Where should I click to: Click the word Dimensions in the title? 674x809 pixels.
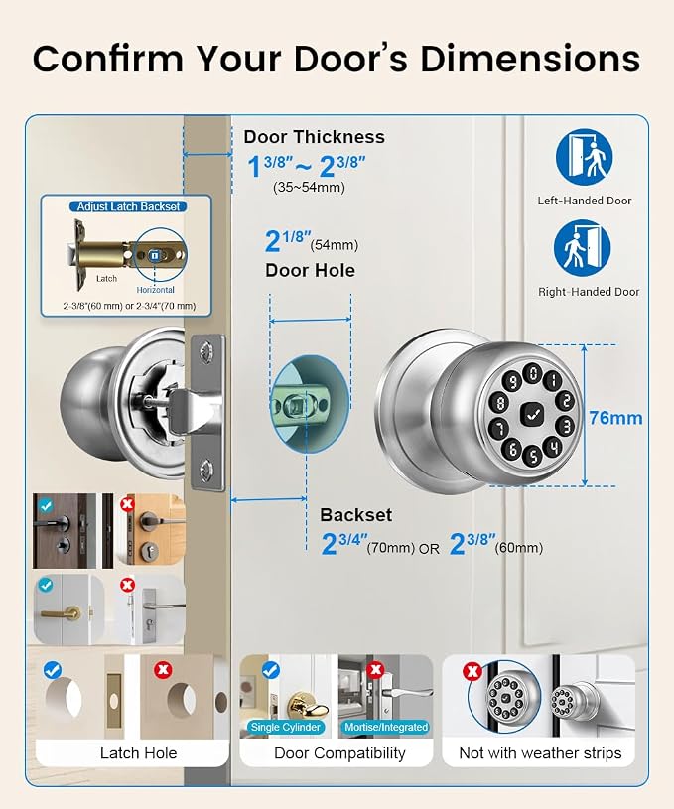tap(530, 59)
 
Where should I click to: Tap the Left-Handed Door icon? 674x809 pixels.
tap(584, 157)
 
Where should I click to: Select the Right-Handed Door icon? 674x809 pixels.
tap(582, 248)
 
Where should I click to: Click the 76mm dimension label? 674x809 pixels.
tap(615, 417)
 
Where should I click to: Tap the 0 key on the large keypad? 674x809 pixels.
tap(533, 373)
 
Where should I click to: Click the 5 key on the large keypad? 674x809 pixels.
tap(532, 456)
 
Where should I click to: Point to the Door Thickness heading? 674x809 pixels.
tap(314, 137)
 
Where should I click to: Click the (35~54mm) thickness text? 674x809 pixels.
tap(309, 187)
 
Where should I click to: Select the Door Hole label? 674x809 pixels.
tap(310, 270)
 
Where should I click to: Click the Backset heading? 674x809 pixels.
tap(355, 515)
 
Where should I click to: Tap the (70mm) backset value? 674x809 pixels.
tap(391, 547)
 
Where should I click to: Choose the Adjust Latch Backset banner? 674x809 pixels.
tap(128, 206)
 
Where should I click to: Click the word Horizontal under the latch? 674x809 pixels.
tap(155, 290)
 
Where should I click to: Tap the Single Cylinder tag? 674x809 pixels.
tap(286, 727)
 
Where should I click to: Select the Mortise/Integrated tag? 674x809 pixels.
tap(386, 727)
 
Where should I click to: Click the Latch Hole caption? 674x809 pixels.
tap(138, 753)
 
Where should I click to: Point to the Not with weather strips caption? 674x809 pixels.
tap(540, 753)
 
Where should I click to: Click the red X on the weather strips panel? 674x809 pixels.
tap(472, 671)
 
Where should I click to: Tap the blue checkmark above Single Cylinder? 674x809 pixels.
tap(271, 670)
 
